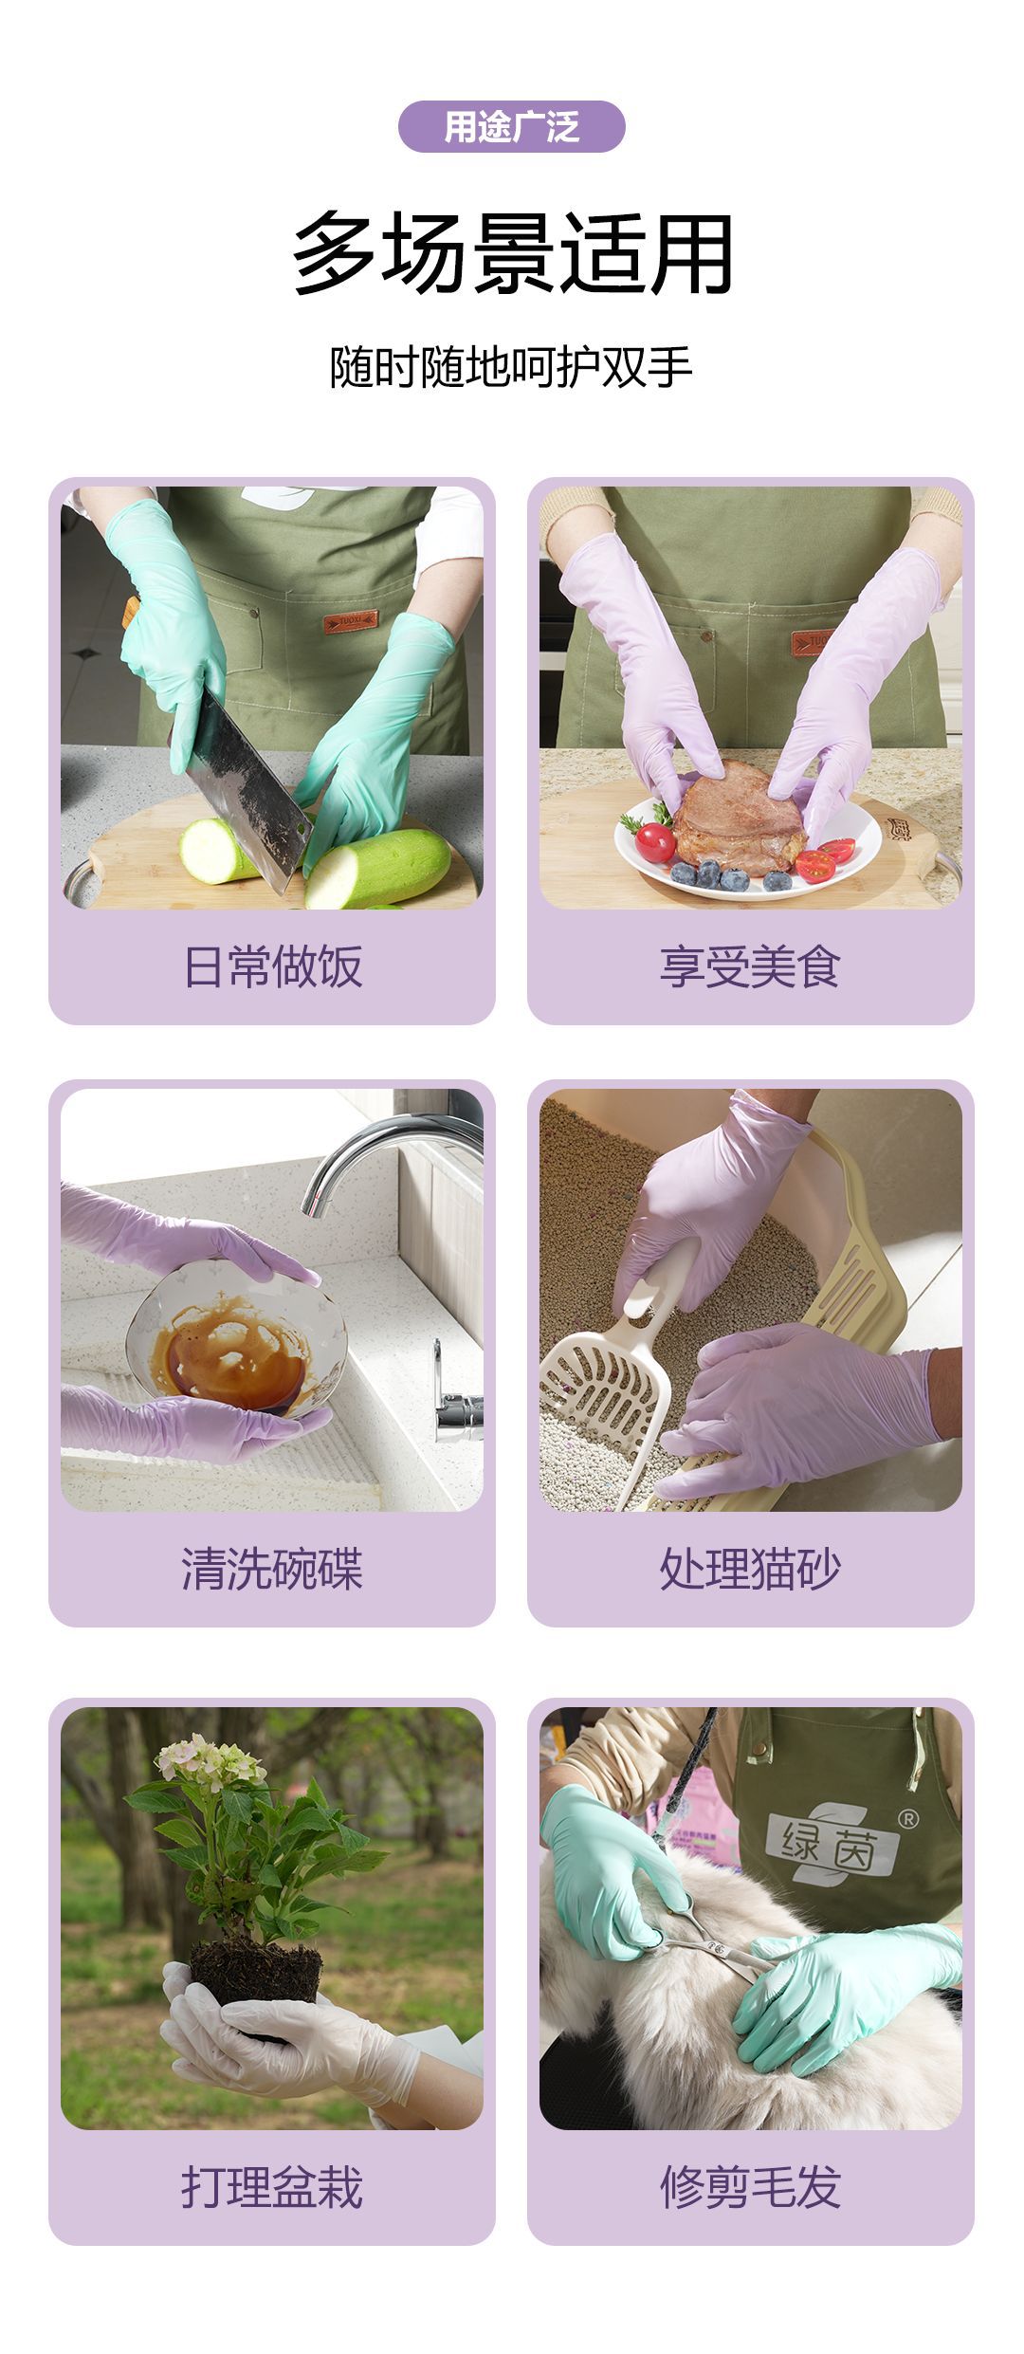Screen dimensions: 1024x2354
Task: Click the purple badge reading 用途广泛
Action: coord(511,126)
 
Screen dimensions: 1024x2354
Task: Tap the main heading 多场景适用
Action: coord(512,253)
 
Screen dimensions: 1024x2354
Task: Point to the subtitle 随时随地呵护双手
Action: coord(511,367)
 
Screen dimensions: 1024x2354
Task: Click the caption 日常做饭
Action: coord(272,966)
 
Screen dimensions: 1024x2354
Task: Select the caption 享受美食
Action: coord(750,966)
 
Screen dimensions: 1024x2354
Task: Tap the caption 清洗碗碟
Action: coord(272,1569)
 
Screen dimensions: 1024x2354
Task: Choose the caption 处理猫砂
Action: coord(750,1569)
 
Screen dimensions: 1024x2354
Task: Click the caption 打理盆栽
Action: coord(272,2187)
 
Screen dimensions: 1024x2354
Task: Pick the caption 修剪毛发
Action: coord(750,2187)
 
